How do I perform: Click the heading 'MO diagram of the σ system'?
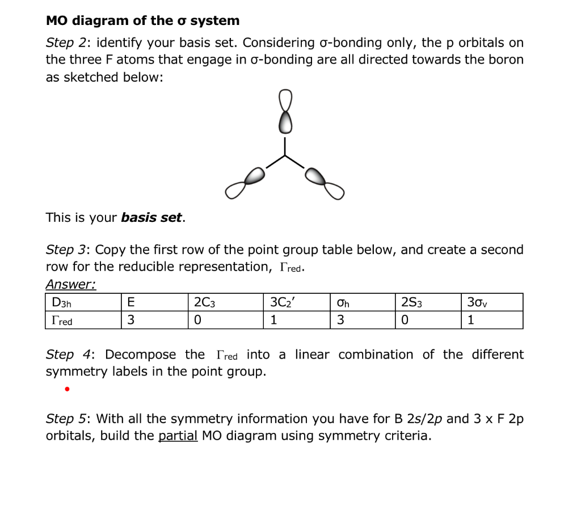tap(142, 21)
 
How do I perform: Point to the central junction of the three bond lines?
tap(285, 155)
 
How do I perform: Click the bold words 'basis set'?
tap(151, 218)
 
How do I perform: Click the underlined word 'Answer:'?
tap(70, 284)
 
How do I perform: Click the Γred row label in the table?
tap(62, 321)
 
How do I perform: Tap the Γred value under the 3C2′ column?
tap(274, 321)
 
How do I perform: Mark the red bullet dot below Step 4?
tap(67, 390)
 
